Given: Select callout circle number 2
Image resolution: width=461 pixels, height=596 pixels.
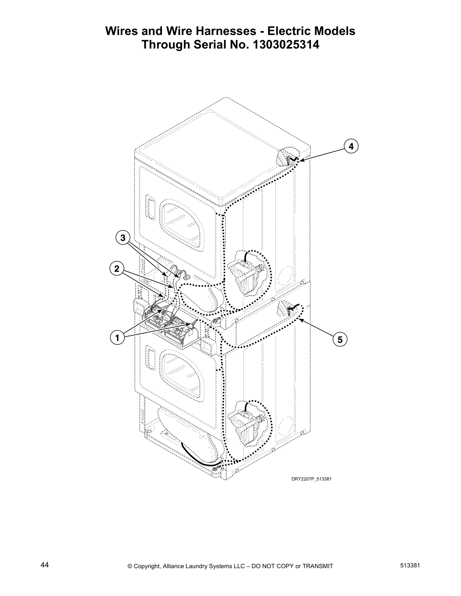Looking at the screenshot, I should click(116, 269).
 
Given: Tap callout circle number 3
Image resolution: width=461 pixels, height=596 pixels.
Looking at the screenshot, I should click(122, 238).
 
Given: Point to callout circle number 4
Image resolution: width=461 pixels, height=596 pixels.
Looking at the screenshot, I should click(351, 146).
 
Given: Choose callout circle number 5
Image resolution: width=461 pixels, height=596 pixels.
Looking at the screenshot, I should click(340, 340).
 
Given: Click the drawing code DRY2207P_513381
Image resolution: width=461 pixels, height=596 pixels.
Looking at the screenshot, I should click(311, 479).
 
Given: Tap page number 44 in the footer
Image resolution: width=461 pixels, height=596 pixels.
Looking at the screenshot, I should click(44, 565).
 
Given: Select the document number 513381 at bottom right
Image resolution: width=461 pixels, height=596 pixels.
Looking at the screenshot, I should click(410, 565).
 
